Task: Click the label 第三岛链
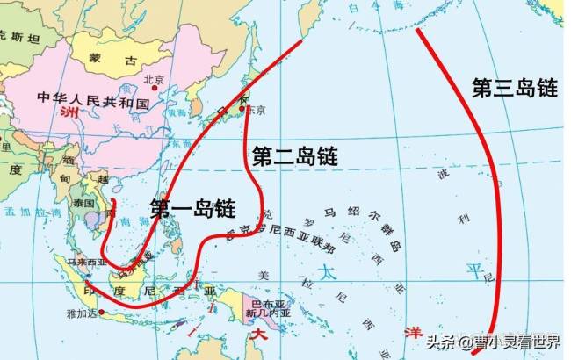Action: pyautogui.click(x=515, y=88)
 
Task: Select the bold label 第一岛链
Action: pyautogui.click(x=192, y=208)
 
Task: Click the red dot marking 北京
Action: pyautogui.click(x=155, y=87)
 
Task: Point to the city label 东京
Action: pyautogui.click(x=255, y=111)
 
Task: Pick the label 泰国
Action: pyautogui.click(x=84, y=201)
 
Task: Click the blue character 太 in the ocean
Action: pyautogui.click(x=328, y=271)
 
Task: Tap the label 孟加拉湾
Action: pyautogui.click(x=27, y=212)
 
